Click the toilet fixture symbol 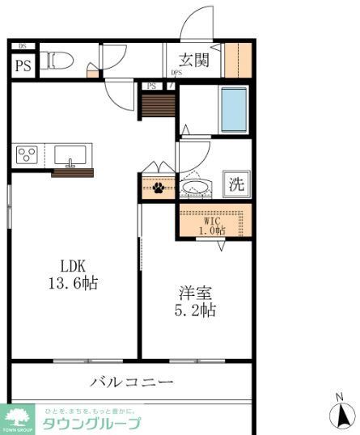58,59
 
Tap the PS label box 22,65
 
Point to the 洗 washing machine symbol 235,184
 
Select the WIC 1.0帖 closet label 213,225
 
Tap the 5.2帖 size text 196,310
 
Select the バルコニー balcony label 131,382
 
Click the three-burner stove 28,154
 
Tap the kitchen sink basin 71,153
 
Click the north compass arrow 341,415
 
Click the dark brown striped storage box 159,105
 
